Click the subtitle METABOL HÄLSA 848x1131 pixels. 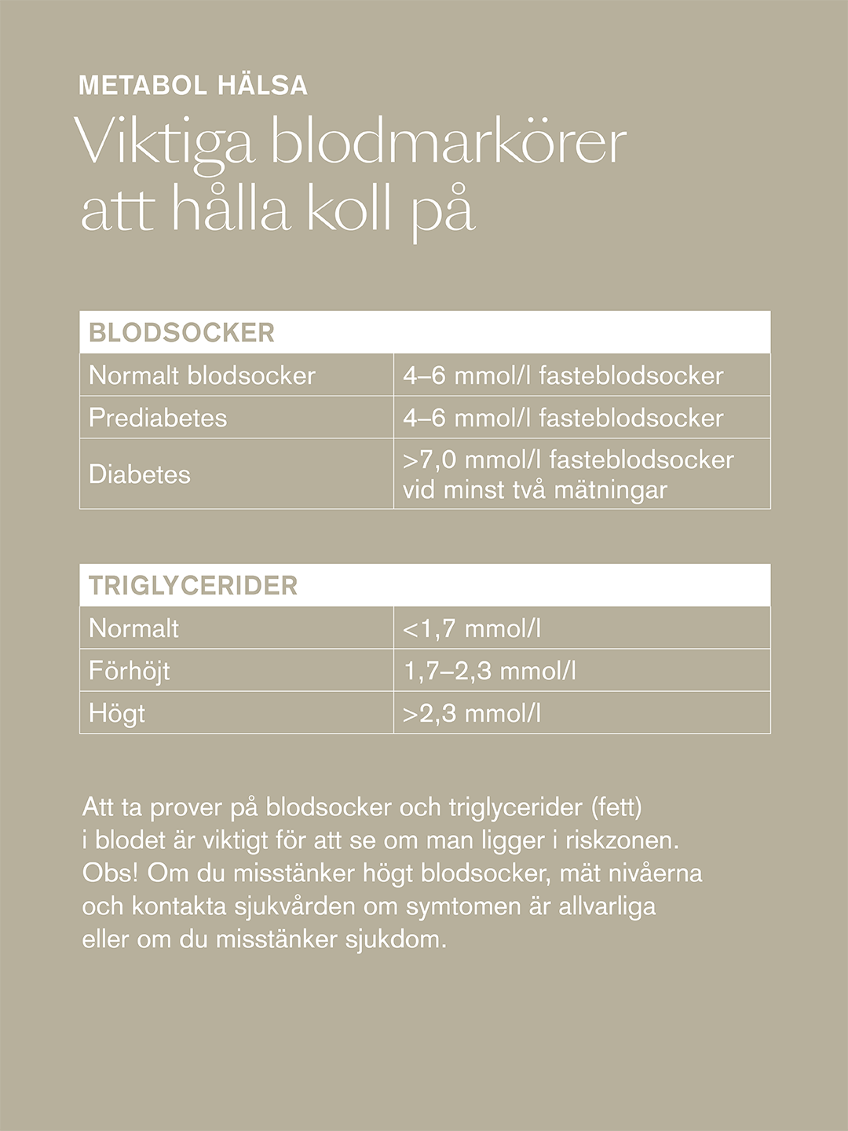193,85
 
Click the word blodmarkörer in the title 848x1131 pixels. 448,144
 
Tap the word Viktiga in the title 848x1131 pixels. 165,144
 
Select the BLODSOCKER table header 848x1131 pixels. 181,332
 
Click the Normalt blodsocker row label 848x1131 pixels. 202,375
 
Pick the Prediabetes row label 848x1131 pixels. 158,418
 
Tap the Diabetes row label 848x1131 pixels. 140,474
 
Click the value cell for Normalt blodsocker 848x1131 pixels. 563,375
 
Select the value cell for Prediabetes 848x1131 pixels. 563,418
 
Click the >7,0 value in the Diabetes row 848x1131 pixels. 429,459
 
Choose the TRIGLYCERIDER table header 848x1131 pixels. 193,585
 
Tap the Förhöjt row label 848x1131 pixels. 130,671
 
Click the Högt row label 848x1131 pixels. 117,713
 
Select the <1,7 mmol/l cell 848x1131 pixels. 472,628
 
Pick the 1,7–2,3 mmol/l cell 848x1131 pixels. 490,671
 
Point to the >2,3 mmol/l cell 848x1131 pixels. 472,713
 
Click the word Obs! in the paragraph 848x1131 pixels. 110,873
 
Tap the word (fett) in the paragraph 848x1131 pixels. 616,807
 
